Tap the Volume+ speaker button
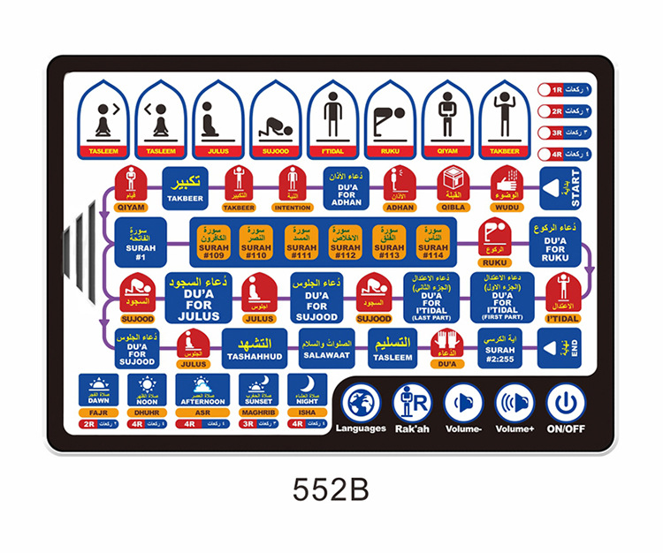pyautogui.click(x=514, y=404)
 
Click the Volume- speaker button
pyautogui.click(x=463, y=404)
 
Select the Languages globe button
pyautogui.click(x=361, y=404)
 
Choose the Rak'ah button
pyautogui.click(x=412, y=404)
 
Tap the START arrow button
pyautogui.click(x=562, y=187)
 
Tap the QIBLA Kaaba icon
pyautogui.click(x=453, y=186)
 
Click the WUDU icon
pyautogui.click(x=507, y=186)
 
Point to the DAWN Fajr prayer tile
pyautogui.click(x=98, y=391)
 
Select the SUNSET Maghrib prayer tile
pyautogui.click(x=257, y=391)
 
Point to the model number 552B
pyautogui.click(x=330, y=489)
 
